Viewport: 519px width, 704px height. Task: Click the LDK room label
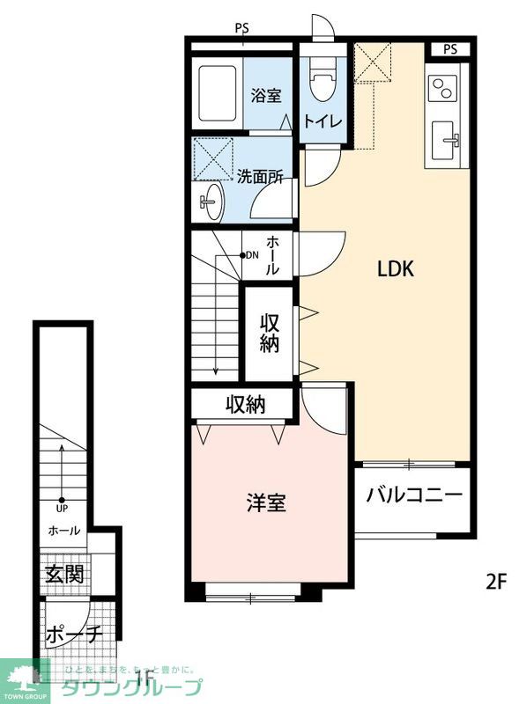396,270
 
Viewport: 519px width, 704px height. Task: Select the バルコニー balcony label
414,494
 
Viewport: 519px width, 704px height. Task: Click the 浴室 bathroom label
265,94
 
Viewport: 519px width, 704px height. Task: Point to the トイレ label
323,121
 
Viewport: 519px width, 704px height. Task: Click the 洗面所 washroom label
260,175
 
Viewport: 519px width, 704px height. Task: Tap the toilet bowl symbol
322,86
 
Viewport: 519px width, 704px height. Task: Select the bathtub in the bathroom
218,94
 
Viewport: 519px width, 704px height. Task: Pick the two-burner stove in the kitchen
442,88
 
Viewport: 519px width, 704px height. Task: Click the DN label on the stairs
251,256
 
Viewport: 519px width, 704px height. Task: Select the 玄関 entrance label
64,575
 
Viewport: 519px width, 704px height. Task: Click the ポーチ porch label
73,634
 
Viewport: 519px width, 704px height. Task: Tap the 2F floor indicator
497,581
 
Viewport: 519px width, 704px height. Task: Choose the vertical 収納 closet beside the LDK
269,333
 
